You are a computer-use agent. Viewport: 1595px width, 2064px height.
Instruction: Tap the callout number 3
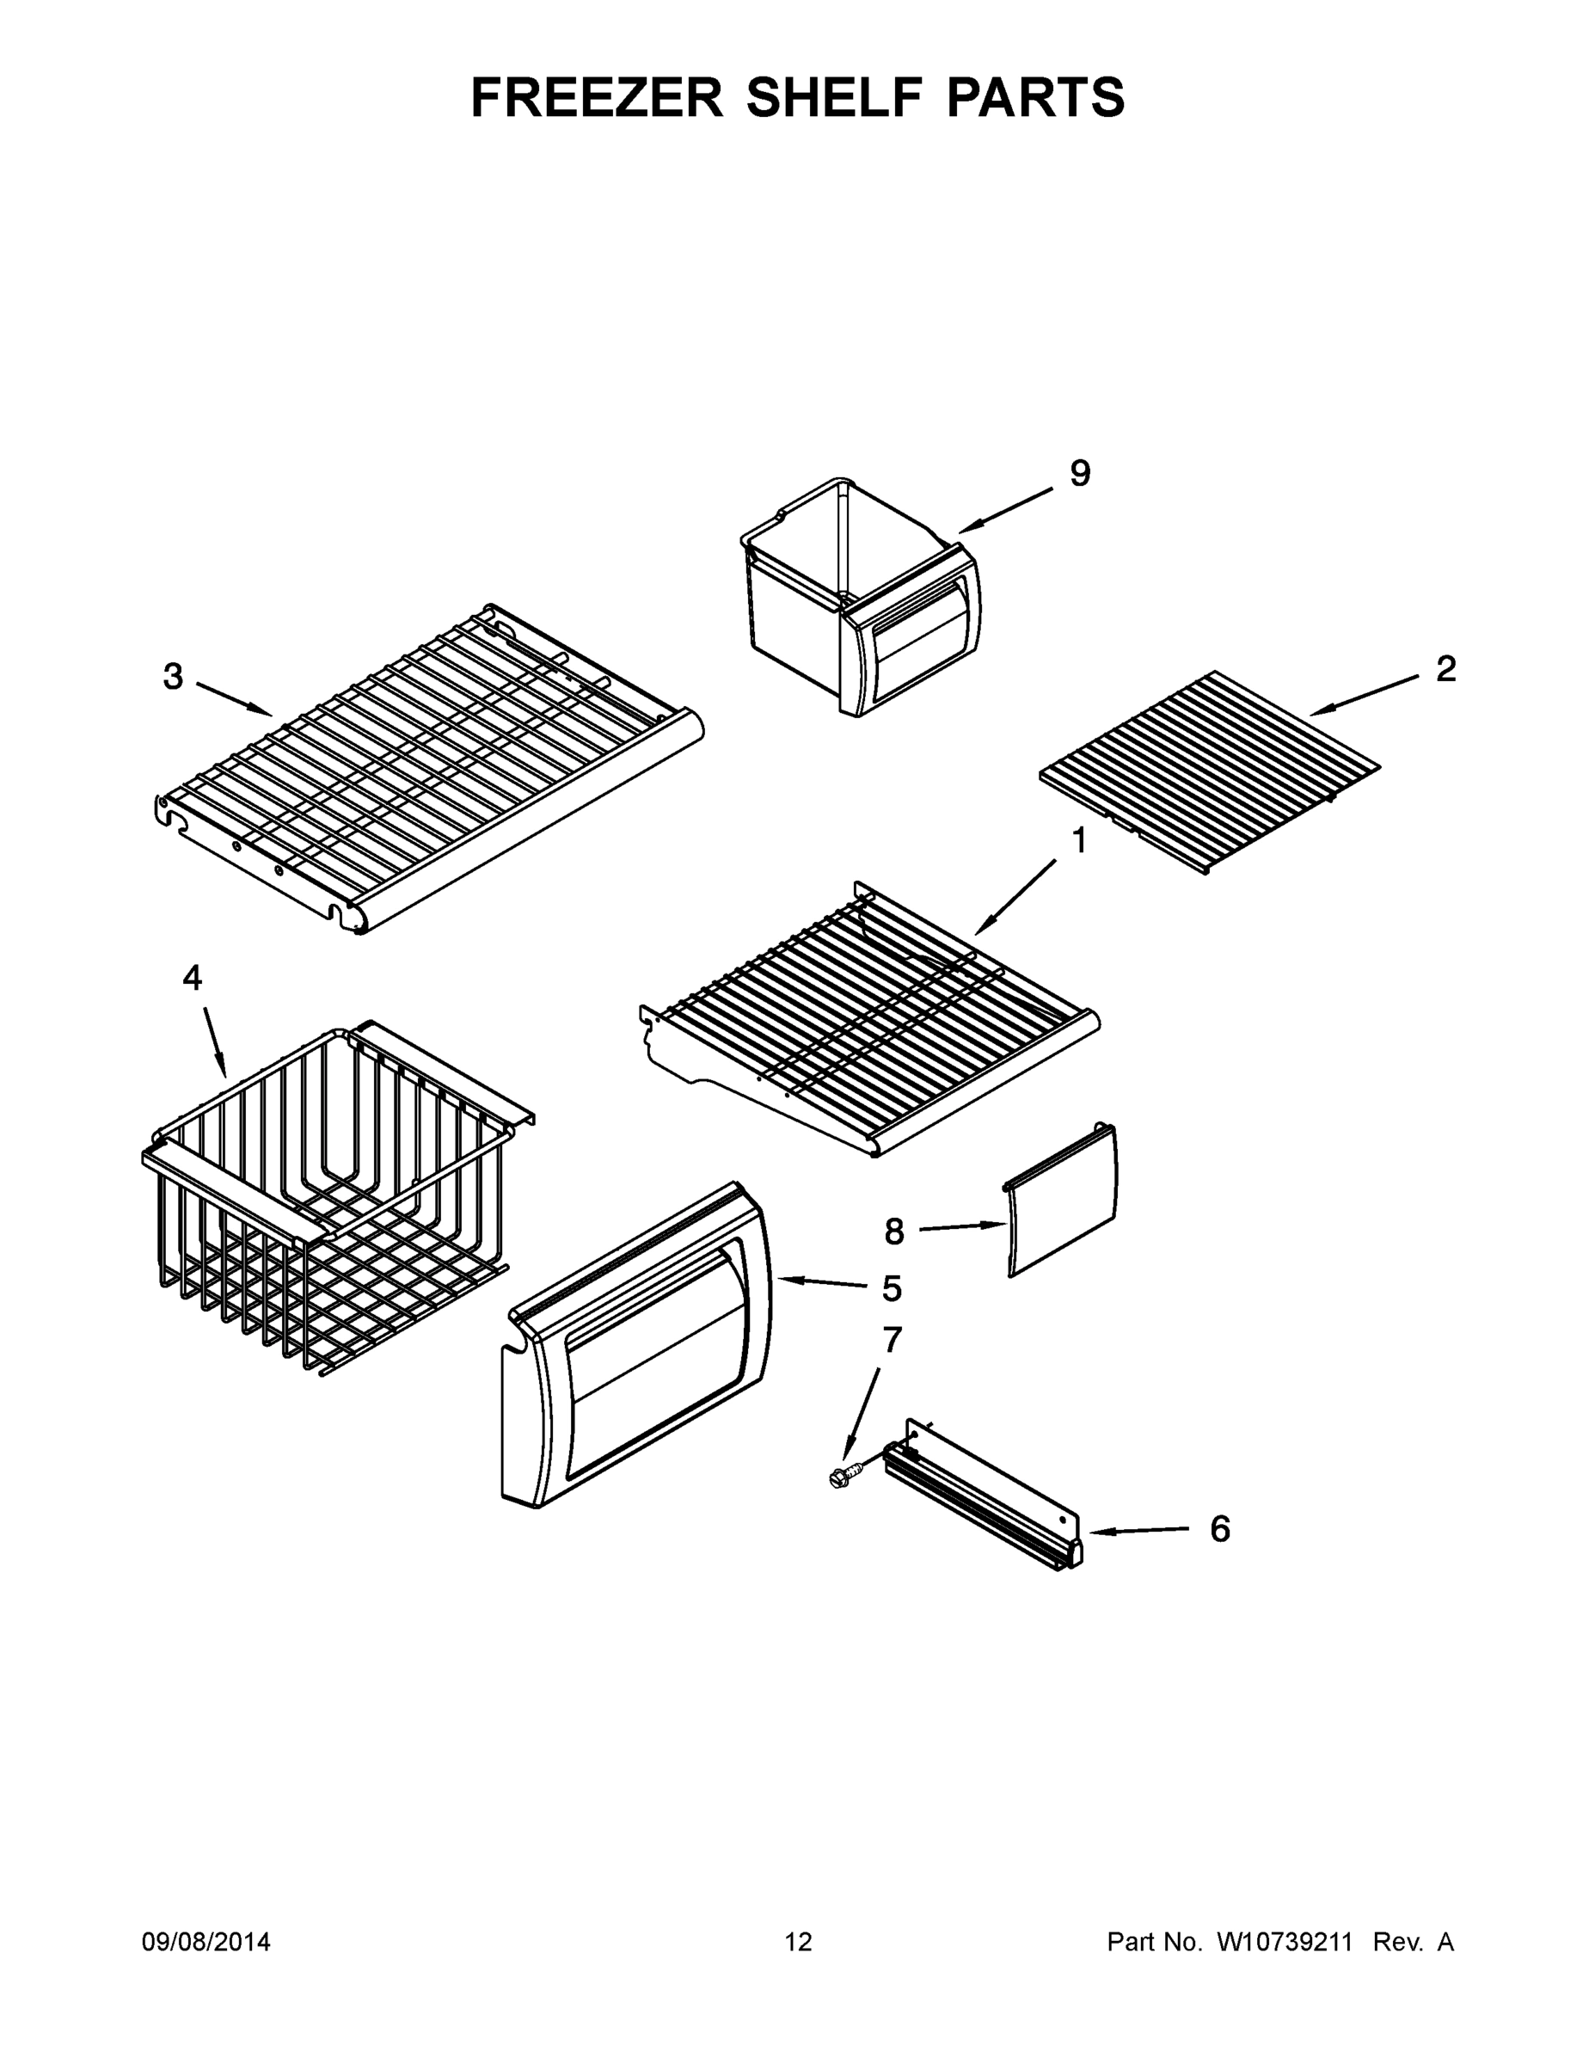(173, 677)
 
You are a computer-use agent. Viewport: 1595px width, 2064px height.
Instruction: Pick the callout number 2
(1445, 669)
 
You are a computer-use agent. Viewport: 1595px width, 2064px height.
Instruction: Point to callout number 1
(1078, 840)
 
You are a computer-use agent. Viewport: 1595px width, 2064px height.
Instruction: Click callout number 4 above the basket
(192, 978)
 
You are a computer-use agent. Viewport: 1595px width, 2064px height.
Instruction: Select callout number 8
(894, 1232)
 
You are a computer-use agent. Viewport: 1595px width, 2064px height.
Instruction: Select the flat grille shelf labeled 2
(1210, 771)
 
